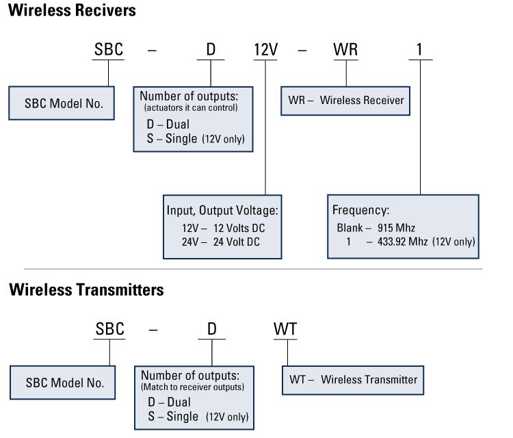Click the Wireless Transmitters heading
coord(86,289)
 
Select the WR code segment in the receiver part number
coord(346,51)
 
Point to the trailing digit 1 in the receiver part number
coord(421,51)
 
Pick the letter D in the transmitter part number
coord(212,329)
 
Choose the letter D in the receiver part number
coord(212,51)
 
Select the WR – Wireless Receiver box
coord(345,101)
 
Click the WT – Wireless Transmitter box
coord(352,379)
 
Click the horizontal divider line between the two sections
coord(253,269)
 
